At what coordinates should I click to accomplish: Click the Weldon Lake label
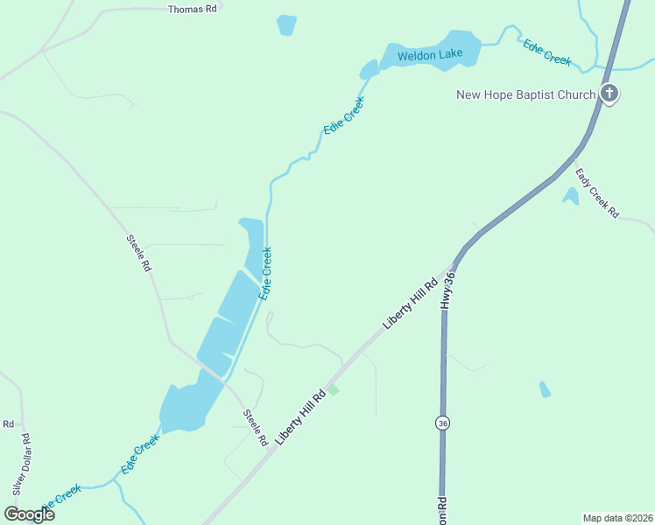click(x=429, y=55)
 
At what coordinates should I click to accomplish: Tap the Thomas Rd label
click(x=192, y=8)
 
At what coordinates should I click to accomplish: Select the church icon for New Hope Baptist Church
click(x=609, y=94)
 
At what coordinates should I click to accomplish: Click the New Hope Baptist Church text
click(x=525, y=94)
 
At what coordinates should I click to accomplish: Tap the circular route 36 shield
click(x=442, y=423)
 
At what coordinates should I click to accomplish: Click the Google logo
click(x=30, y=514)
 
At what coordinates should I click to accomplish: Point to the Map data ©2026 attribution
click(x=616, y=517)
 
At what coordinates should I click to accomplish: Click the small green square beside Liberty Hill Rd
click(x=332, y=389)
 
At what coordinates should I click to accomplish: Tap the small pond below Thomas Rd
click(x=286, y=25)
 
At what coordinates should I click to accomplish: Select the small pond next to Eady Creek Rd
click(x=571, y=196)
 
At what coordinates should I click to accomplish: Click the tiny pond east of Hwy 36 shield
click(x=545, y=389)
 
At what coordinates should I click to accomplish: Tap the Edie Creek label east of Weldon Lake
click(x=547, y=52)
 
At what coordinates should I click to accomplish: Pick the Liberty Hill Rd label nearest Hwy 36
click(x=410, y=304)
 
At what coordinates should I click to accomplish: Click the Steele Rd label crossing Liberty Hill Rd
click(x=255, y=428)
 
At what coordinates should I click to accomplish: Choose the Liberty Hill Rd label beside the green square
click(x=300, y=416)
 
